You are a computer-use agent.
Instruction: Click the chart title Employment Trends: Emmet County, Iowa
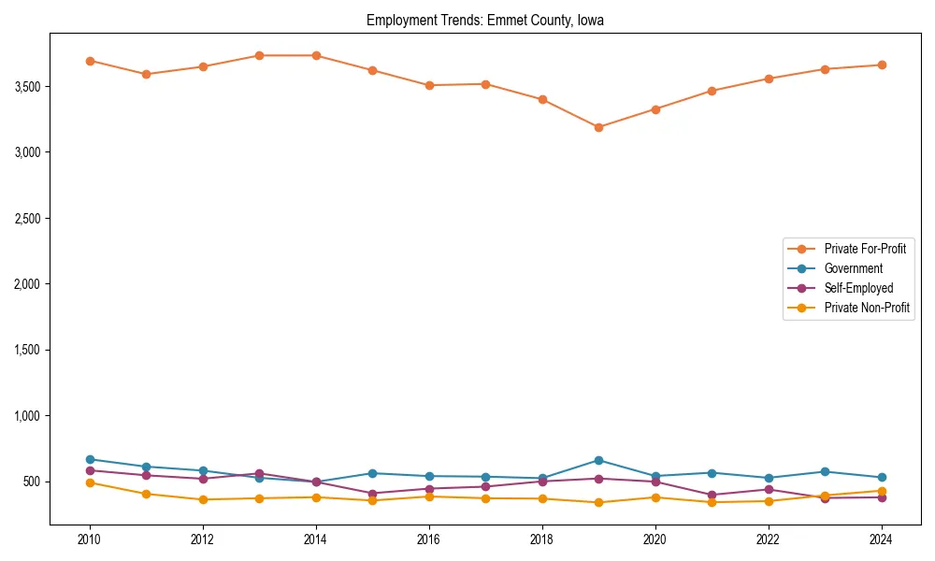(485, 21)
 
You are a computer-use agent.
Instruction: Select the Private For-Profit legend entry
(859, 249)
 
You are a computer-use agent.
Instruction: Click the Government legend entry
(853, 268)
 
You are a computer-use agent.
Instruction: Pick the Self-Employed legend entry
(858, 288)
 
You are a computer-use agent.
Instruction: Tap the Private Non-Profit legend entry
(867, 308)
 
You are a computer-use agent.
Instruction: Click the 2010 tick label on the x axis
(90, 540)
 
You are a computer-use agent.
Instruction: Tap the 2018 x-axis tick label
(542, 540)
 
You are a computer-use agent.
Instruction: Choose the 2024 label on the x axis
(881, 540)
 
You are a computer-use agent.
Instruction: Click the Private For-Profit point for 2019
(598, 127)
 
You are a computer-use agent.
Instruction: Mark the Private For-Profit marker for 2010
(90, 61)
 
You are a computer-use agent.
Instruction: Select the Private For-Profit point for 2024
(881, 65)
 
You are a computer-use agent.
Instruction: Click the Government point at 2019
(598, 460)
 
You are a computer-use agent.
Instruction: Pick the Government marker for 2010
(90, 459)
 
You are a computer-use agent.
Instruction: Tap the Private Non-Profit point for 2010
(90, 482)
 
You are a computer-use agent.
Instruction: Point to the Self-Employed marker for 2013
(259, 473)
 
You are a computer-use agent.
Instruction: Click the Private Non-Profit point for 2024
(881, 491)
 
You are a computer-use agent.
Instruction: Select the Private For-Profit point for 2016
(429, 85)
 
